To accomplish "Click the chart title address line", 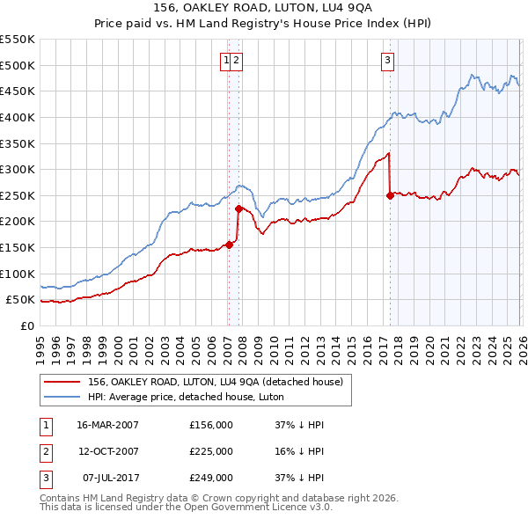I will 264,8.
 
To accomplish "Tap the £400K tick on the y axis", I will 18,117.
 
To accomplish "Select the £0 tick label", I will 26,325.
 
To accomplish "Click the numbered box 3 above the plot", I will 387,60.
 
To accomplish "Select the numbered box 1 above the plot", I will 227,60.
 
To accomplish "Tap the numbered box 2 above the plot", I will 238,60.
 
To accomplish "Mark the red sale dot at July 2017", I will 390,196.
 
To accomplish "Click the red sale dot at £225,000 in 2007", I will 238,208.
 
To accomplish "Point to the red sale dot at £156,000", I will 229,245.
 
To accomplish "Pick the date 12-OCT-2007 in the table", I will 107,451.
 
